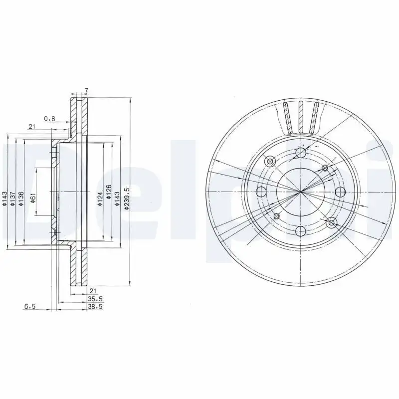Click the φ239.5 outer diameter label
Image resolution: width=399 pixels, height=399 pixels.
127,199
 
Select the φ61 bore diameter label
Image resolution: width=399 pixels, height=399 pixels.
33,199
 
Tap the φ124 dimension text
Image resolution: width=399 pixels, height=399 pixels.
100,199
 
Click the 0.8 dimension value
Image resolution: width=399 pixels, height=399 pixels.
49,118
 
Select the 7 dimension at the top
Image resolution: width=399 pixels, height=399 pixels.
86,91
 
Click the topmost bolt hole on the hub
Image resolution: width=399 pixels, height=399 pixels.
300,153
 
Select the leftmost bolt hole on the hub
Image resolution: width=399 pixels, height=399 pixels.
261,192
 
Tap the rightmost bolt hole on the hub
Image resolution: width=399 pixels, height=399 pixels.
340,192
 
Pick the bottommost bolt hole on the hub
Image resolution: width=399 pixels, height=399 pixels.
300,231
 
